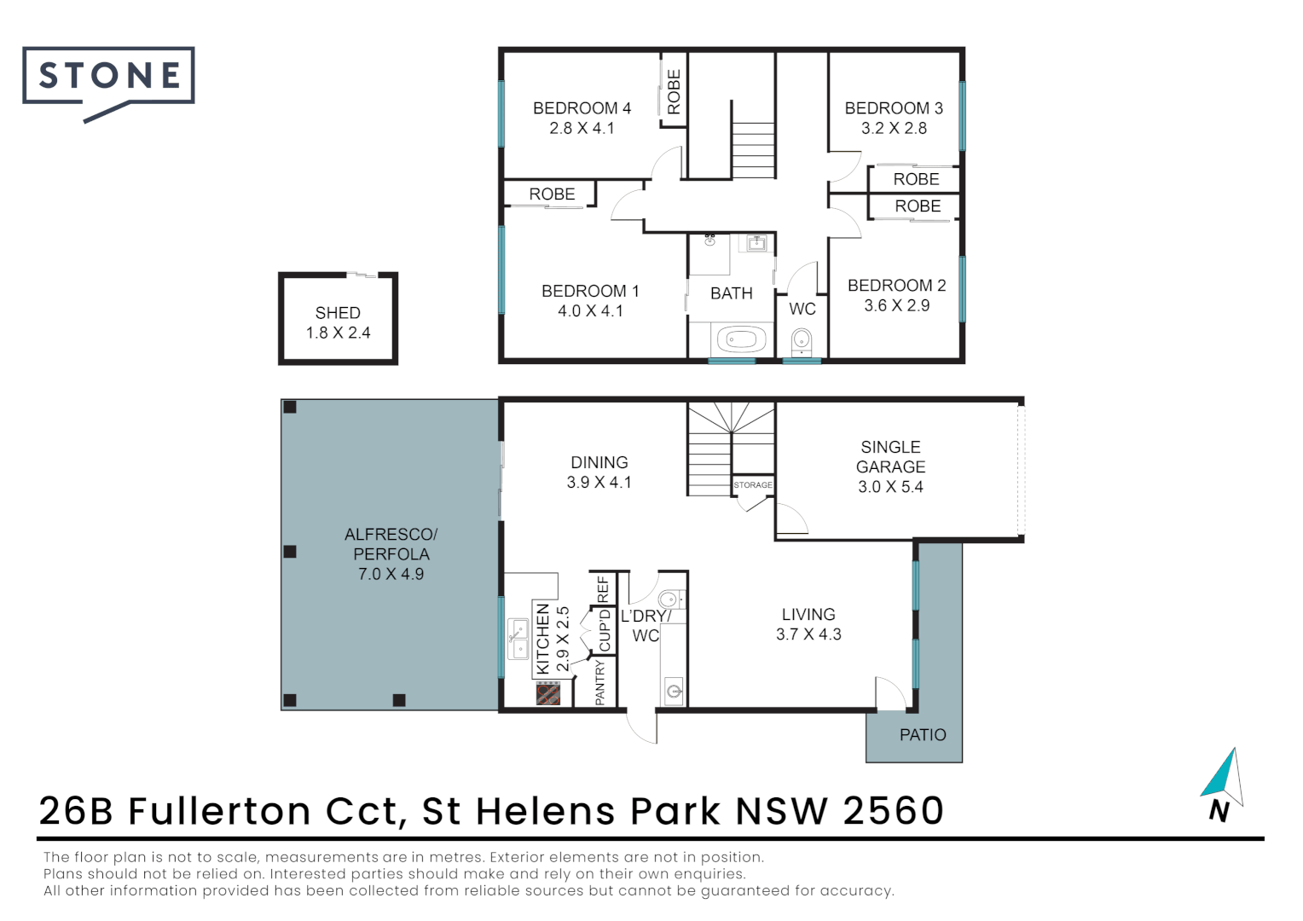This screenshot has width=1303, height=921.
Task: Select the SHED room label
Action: click(338, 313)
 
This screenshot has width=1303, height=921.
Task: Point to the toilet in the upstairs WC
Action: click(802, 342)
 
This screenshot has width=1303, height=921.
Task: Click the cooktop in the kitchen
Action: click(548, 693)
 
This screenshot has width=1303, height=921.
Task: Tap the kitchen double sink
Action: click(518, 640)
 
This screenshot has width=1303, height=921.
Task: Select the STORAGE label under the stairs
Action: click(753, 485)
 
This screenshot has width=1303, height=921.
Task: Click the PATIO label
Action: click(923, 735)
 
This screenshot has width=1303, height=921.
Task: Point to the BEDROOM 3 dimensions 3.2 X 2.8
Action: click(894, 129)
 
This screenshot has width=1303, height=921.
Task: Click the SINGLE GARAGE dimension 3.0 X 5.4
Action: click(890, 487)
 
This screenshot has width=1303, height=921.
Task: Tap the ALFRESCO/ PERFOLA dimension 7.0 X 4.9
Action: click(391, 574)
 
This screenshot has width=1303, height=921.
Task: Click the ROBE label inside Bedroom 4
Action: click(674, 92)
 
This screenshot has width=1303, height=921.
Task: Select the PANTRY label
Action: click(600, 682)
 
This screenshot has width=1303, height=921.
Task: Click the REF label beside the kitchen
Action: click(604, 589)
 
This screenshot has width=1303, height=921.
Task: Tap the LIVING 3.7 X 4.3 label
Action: click(808, 624)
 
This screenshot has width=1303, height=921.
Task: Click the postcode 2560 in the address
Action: click(894, 811)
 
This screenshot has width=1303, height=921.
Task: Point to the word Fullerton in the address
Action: click(219, 811)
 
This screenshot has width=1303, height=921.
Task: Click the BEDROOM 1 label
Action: click(590, 292)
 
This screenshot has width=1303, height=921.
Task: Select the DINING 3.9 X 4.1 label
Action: click(599, 472)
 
